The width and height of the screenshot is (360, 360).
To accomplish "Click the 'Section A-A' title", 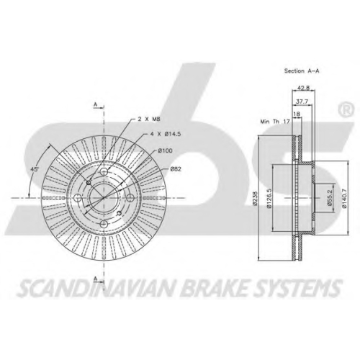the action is tap(302, 71).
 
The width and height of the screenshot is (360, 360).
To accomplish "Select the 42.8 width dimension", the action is tap(303, 88).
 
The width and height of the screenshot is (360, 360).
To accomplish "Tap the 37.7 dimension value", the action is tap(302, 102).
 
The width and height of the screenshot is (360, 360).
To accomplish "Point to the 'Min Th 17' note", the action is tap(275, 122).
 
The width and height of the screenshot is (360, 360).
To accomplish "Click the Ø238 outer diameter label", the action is tap(255, 198).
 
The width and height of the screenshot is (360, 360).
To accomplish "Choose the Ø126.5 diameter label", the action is tap(269, 198).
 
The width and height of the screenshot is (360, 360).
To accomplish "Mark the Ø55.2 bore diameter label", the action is tap(330, 198).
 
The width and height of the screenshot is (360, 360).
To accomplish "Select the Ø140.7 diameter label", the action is tap(344, 198).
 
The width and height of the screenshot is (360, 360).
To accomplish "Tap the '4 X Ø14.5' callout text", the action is tap(166, 134).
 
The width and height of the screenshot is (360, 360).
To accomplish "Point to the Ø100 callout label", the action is tap(165, 150).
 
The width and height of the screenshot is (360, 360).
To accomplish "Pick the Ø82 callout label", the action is tap(176, 169).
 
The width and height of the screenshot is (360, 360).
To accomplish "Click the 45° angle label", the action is tap(35, 169).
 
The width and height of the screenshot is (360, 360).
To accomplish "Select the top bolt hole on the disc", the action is tap(104, 171).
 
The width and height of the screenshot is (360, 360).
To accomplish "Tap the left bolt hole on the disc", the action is tap(78, 198).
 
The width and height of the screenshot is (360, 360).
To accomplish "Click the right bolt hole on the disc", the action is tap(130, 198).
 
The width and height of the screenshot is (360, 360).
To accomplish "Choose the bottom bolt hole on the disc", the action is tap(104, 225).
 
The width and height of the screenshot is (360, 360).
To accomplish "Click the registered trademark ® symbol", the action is tap(346, 109).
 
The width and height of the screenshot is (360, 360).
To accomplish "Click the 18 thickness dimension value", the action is tap(297, 114).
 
